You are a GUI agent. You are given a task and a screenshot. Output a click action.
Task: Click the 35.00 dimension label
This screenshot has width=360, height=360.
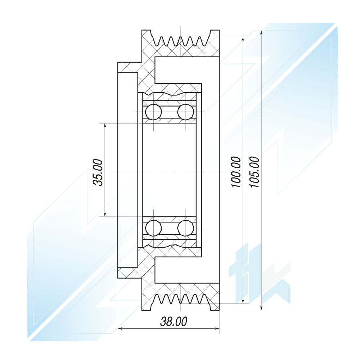click(98, 172)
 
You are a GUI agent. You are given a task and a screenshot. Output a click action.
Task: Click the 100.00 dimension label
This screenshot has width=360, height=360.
click(236, 172)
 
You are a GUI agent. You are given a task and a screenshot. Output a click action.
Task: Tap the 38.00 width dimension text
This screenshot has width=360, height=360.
click(174, 321)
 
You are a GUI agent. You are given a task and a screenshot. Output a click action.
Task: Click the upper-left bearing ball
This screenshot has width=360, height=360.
click(153, 112)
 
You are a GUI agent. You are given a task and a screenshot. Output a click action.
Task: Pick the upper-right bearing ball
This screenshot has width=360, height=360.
click(186, 112)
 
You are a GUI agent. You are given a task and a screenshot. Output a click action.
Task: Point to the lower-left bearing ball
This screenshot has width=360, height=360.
click(153, 228)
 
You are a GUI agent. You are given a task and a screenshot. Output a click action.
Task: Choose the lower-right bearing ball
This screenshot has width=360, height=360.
click(186, 228)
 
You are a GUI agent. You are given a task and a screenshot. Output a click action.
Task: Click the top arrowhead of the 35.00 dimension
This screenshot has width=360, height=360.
click(105, 126)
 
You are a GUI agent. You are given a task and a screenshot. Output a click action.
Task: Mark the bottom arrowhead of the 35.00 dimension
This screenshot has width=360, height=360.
click(105, 214)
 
